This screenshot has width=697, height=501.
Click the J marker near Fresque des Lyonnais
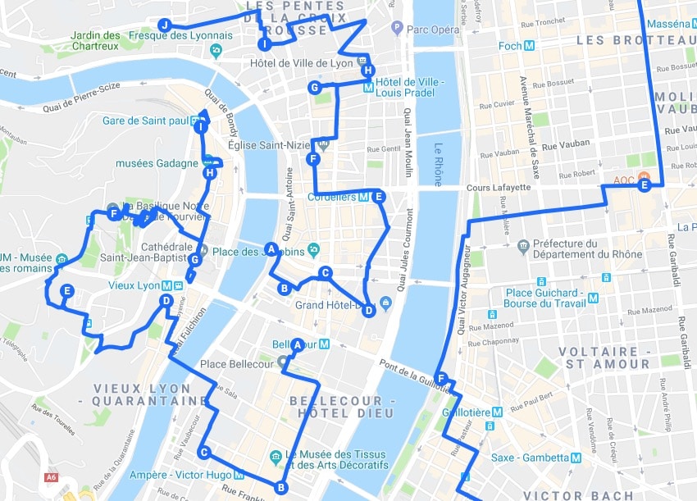(165, 25)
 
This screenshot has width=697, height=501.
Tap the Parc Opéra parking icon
(398, 29)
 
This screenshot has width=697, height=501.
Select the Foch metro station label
(510, 46)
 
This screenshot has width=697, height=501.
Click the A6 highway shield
(52, 477)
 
